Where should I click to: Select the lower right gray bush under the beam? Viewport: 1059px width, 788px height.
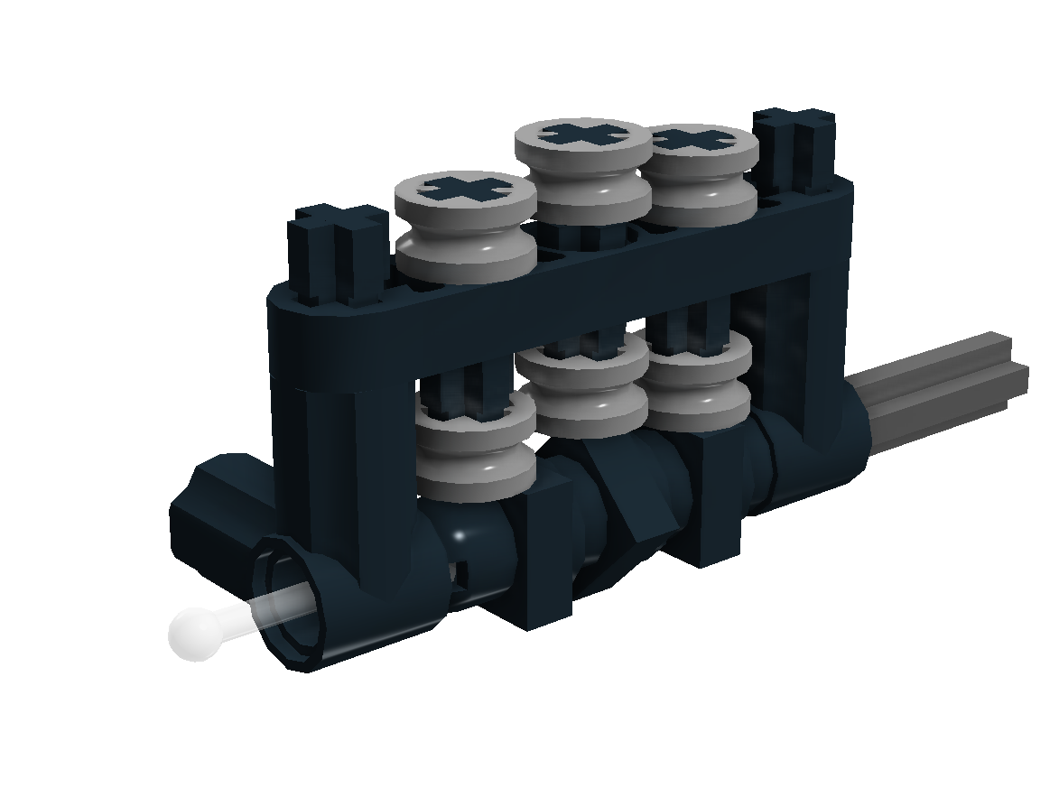(698, 383)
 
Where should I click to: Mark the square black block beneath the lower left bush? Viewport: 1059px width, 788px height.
(542, 560)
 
